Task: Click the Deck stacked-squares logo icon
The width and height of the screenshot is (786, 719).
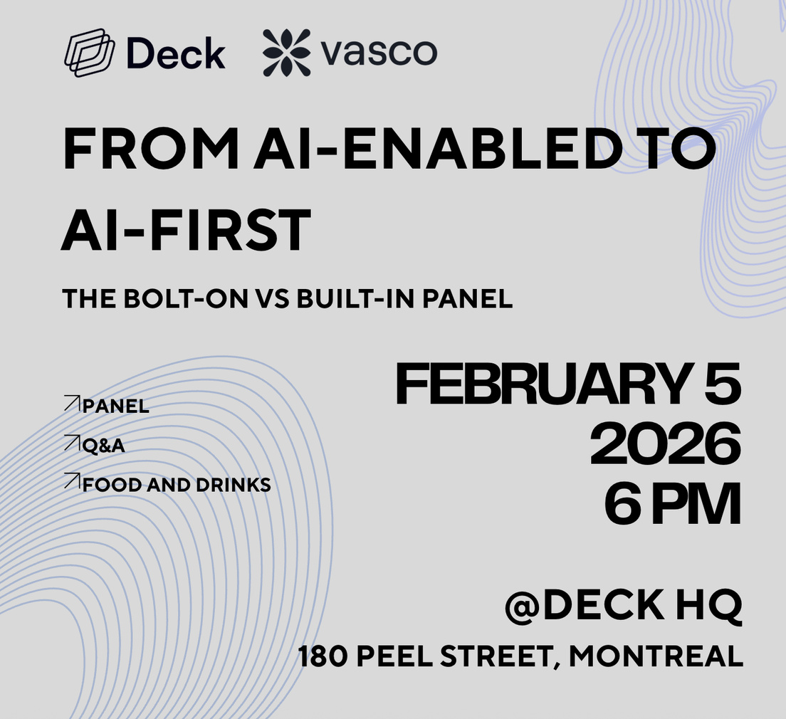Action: [90, 53]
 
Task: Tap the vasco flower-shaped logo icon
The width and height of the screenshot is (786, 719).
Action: [287, 53]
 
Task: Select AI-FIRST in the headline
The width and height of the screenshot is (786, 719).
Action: [187, 231]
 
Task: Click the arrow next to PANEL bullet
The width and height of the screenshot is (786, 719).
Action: [71, 404]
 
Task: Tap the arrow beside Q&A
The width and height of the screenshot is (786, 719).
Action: [71, 443]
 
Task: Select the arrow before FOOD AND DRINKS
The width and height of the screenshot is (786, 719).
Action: [71, 481]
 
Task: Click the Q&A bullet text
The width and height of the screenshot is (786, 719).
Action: [104, 446]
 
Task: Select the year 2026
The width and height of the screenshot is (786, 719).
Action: [665, 446]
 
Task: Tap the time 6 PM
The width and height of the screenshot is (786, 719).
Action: [672, 505]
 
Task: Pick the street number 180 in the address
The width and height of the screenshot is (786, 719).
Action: [322, 656]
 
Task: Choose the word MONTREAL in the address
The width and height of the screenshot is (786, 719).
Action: [655, 656]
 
